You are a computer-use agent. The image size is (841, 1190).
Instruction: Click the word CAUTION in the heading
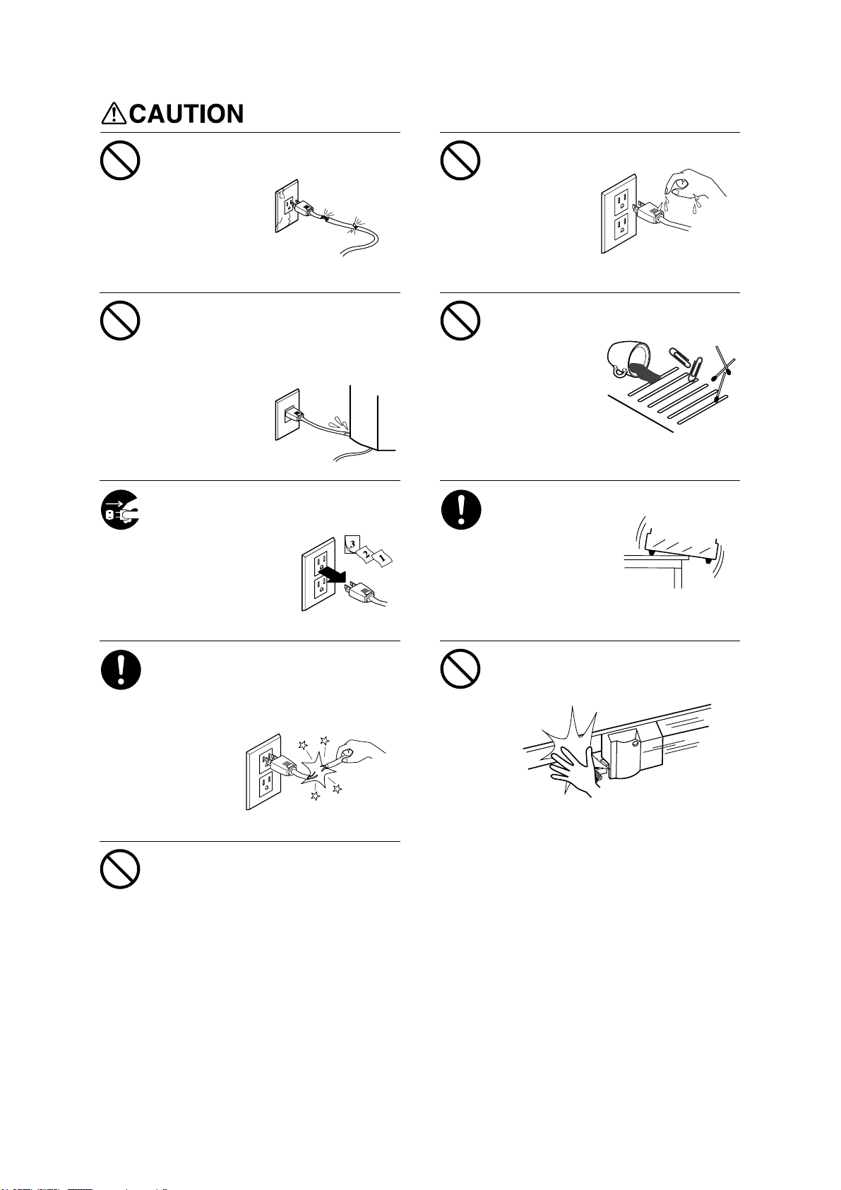(x=186, y=114)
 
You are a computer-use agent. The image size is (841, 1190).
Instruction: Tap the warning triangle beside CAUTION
(x=113, y=113)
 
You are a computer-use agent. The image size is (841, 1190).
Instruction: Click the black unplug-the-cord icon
(x=120, y=509)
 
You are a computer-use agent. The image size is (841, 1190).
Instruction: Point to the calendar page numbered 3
(x=352, y=545)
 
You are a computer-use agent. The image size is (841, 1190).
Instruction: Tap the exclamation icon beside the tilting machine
(x=461, y=509)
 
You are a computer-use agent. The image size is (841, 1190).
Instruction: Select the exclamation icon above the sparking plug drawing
(x=121, y=670)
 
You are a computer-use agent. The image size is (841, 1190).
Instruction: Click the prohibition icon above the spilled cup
(x=460, y=321)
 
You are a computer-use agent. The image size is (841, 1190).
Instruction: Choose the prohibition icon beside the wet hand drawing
(x=460, y=160)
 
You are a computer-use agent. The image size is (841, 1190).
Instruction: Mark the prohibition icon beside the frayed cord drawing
(x=120, y=160)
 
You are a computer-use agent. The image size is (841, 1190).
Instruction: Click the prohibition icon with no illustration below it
(x=120, y=869)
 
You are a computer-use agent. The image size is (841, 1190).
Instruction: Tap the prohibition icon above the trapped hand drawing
(x=460, y=669)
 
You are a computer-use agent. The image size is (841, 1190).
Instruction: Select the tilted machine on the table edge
(x=681, y=550)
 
